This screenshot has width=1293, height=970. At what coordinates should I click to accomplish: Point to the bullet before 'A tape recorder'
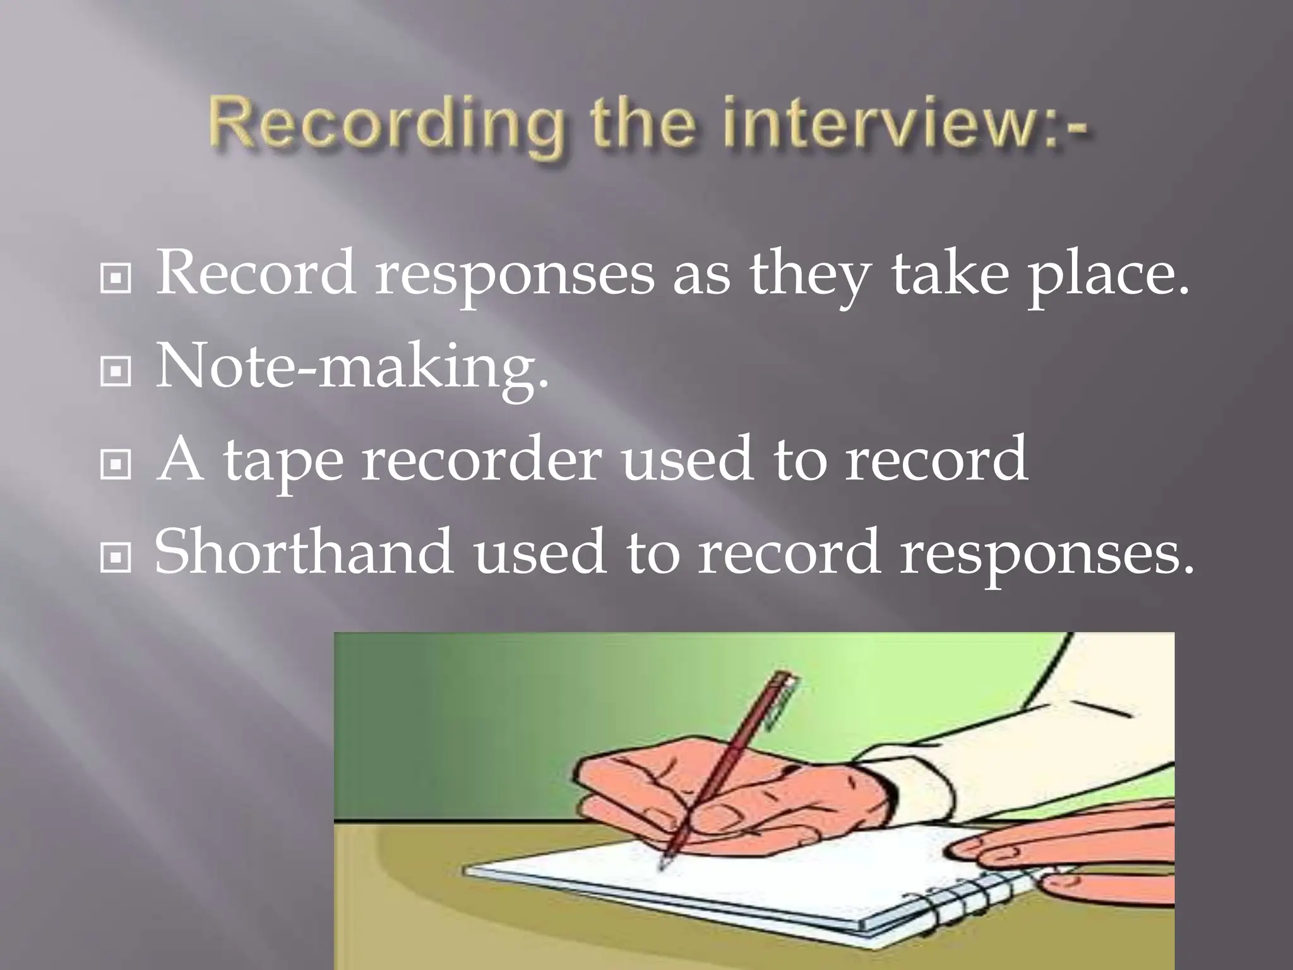click(x=116, y=465)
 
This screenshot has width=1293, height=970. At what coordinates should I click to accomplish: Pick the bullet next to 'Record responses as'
click(x=116, y=278)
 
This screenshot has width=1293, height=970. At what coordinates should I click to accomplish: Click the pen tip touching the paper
click(x=663, y=865)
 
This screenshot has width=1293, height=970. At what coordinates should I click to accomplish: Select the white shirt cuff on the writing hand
click(x=915, y=783)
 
